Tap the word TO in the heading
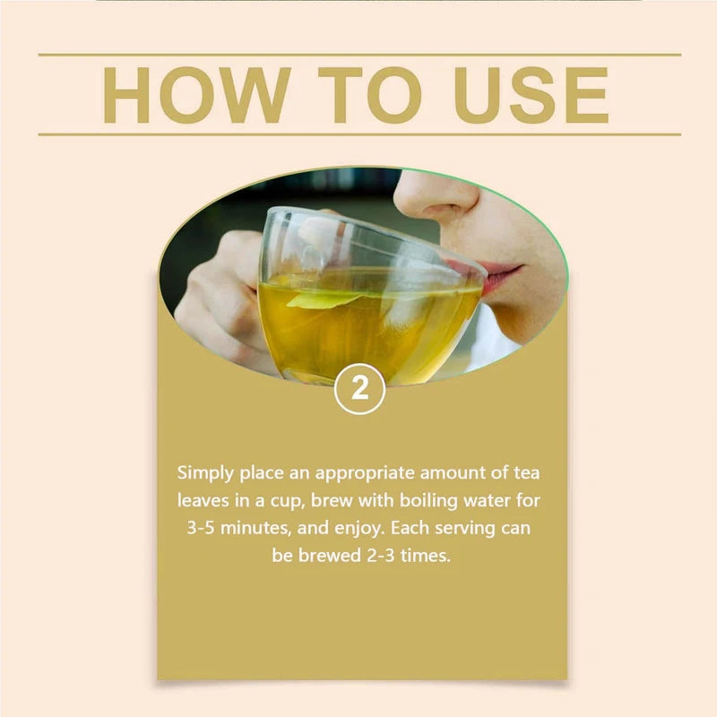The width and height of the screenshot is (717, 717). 370,95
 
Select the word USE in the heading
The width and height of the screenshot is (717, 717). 531,95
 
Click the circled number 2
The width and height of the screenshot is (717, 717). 360,389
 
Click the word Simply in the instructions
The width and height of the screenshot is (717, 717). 205,473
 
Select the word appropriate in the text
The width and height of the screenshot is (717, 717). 365,474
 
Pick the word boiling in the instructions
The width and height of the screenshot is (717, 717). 428,500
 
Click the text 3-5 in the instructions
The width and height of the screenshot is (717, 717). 200,528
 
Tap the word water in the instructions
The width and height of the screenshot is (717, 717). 487,501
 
